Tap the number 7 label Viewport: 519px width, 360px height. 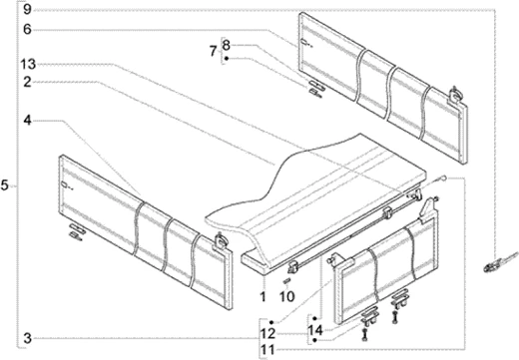click(x=212, y=50)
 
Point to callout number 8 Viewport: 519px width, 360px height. click(x=227, y=44)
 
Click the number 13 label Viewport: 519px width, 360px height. click(x=29, y=65)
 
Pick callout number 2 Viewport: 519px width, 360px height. click(x=28, y=83)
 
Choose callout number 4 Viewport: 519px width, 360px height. click(x=28, y=120)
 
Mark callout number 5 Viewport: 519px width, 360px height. click(x=6, y=185)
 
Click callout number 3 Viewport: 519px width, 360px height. click(x=28, y=336)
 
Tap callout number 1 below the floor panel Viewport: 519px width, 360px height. click(x=262, y=296)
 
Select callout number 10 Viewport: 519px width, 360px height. click(x=286, y=296)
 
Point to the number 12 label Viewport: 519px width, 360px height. click(x=267, y=330)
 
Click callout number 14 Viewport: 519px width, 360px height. click(x=314, y=330)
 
